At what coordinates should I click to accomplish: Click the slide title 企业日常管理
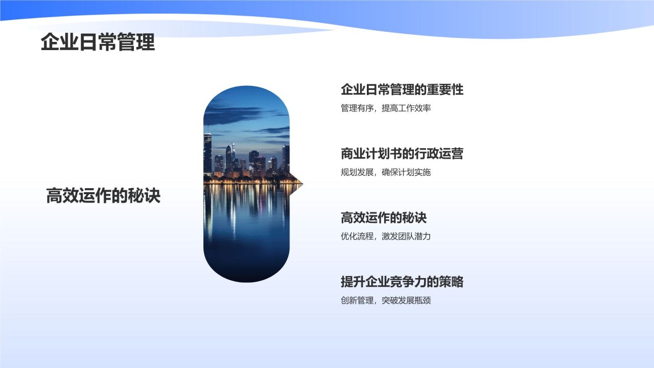click(98, 42)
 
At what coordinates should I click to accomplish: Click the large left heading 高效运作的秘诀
click(103, 196)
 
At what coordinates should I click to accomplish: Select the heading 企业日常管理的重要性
click(402, 90)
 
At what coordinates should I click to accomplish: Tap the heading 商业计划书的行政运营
click(402, 154)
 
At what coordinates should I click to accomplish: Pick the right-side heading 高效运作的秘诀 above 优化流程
click(383, 218)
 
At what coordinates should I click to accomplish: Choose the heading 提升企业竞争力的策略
click(402, 282)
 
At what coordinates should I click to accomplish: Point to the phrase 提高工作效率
click(406, 108)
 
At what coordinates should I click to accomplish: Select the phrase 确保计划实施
click(406, 172)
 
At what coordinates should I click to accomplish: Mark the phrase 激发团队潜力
click(406, 236)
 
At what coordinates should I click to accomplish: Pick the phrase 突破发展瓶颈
click(406, 300)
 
